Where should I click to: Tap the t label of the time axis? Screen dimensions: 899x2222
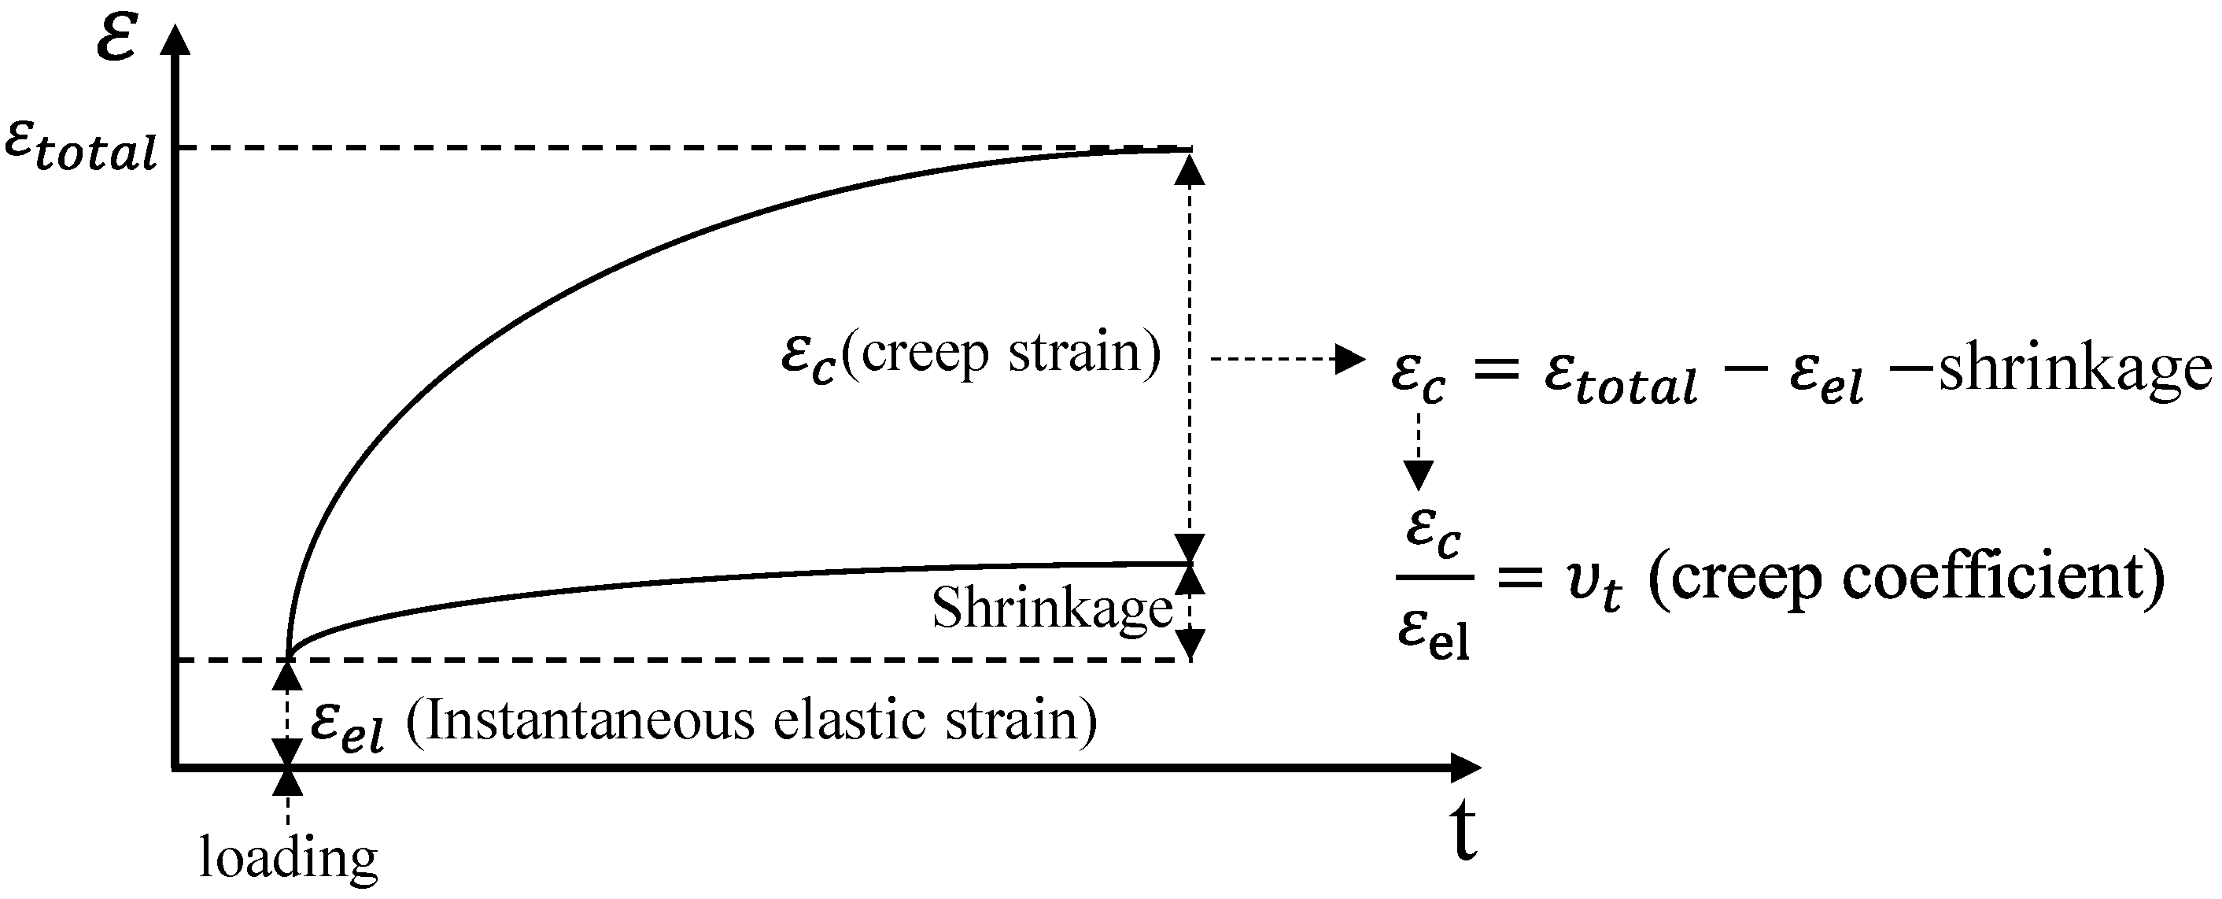(1463, 832)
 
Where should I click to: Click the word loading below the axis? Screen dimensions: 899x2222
(288, 858)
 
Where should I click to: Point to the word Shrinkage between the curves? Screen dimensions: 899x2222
(1051, 609)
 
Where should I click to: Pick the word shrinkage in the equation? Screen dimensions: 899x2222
(2075, 369)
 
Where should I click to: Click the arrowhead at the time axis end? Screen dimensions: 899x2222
(1466, 766)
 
